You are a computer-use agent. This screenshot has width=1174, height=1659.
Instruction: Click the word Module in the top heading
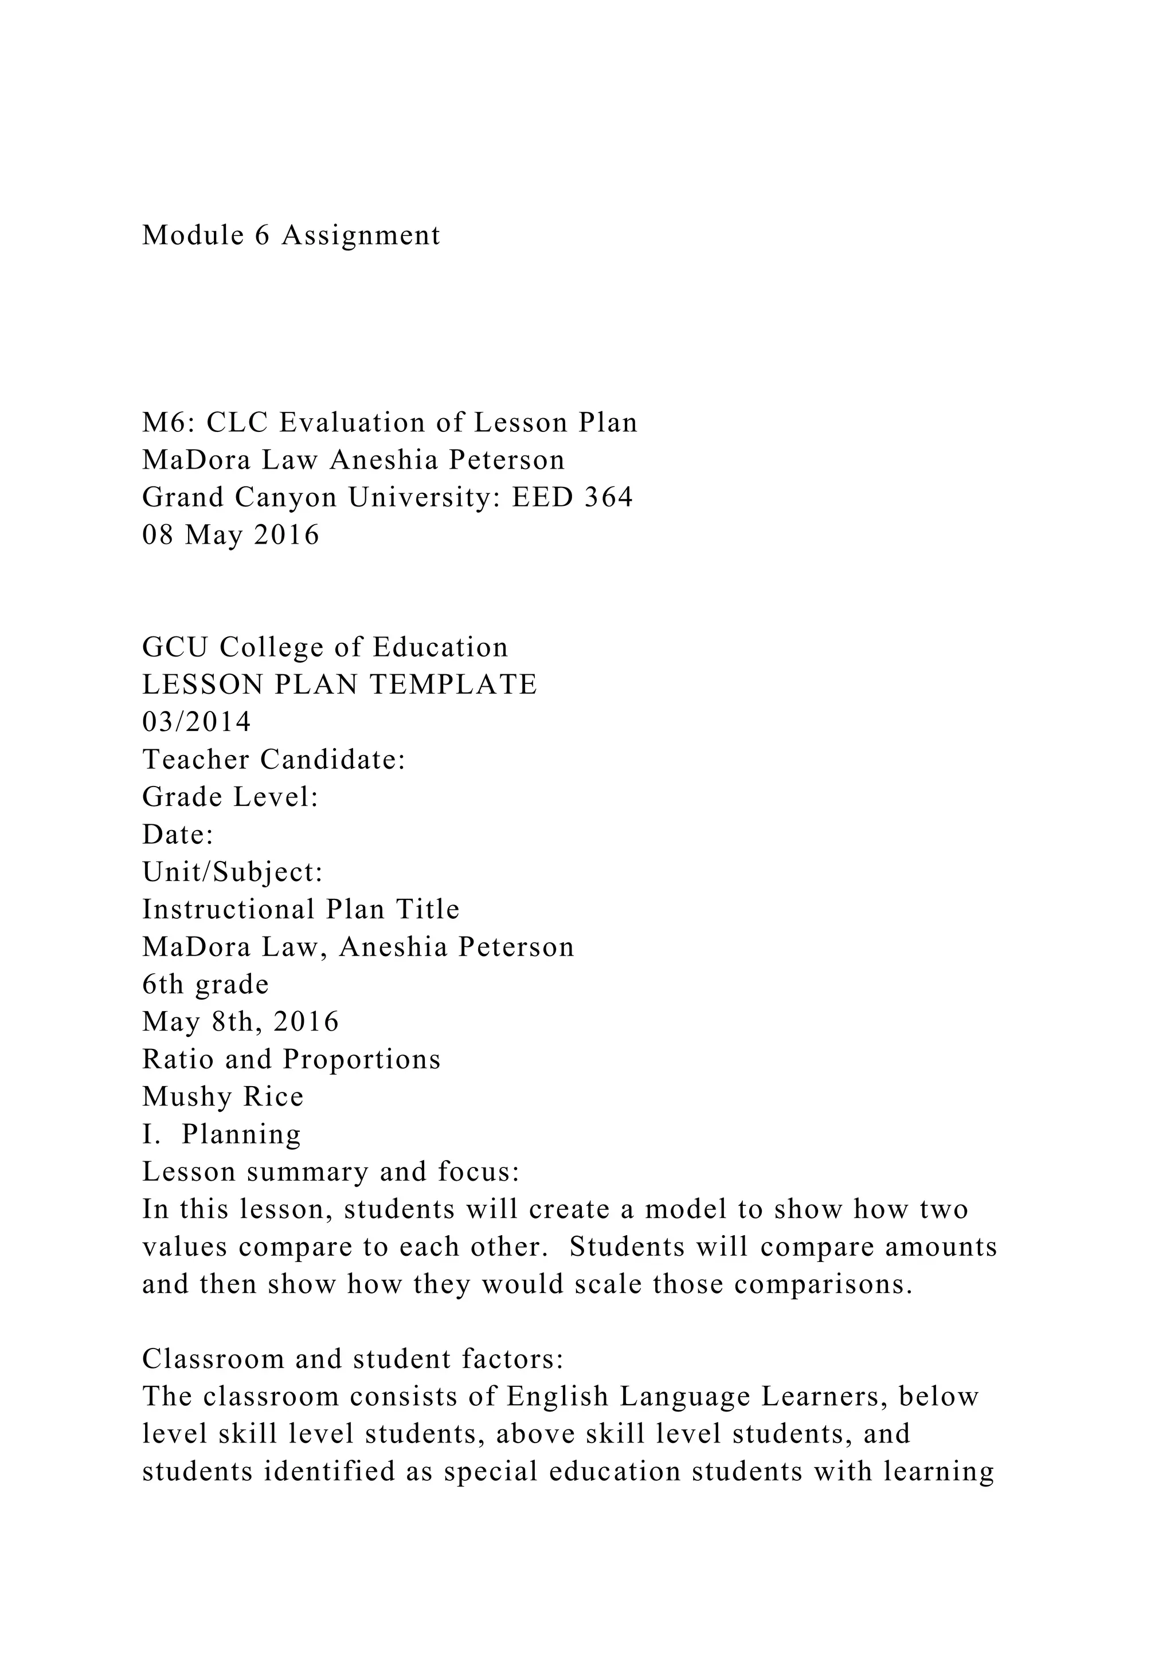click(x=193, y=235)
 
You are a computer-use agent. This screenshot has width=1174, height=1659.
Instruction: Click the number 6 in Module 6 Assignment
click(x=263, y=235)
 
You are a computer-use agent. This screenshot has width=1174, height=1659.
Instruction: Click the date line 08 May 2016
click(x=230, y=536)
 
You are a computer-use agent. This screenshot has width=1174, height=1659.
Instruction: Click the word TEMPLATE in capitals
click(x=453, y=685)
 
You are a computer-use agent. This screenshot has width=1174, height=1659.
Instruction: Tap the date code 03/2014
click(x=197, y=722)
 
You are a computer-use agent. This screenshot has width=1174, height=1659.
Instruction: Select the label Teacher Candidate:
click(x=274, y=760)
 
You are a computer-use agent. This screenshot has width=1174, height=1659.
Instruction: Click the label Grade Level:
click(x=230, y=798)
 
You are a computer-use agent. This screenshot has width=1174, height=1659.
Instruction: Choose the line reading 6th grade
click(x=205, y=985)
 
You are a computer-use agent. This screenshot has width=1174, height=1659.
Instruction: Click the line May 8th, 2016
click(x=241, y=1023)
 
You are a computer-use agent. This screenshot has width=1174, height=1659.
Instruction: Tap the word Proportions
click(x=362, y=1060)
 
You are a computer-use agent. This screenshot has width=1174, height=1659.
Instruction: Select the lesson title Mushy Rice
click(x=222, y=1098)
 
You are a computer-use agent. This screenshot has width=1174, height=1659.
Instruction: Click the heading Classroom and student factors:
click(x=353, y=1360)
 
